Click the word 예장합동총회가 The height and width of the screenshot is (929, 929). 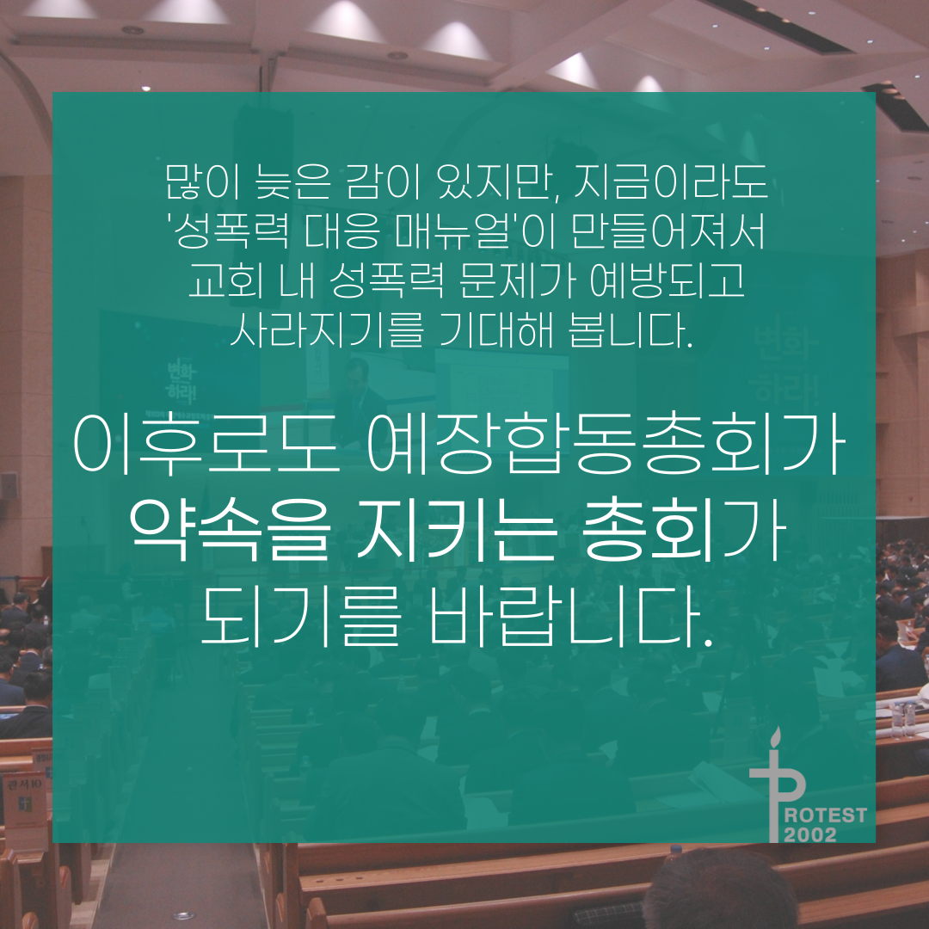(605, 444)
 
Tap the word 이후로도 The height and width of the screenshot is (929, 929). (206, 444)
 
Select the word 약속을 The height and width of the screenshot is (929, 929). (230, 529)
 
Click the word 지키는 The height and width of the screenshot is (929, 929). (456, 529)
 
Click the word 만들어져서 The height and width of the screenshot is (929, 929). (669, 231)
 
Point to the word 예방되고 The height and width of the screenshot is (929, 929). (668, 280)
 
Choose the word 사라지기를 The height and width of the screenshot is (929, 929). (327, 329)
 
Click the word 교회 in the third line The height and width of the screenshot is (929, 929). (226, 280)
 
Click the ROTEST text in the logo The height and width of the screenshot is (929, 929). (825, 815)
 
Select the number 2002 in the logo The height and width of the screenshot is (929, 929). (810, 834)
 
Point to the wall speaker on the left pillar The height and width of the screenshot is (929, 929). (9, 485)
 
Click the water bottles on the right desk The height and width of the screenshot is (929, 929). (903, 719)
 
